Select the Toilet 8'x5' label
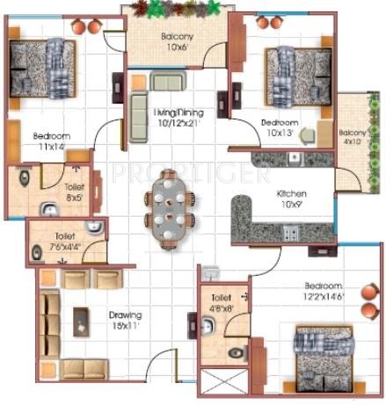(75, 192)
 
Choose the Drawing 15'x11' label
(126, 321)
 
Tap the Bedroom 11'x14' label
(50, 142)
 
